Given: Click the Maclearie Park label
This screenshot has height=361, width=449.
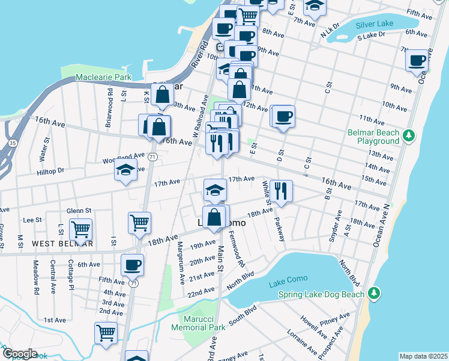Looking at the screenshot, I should (x=103, y=78).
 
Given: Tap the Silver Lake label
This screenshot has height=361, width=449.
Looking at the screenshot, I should (x=374, y=25).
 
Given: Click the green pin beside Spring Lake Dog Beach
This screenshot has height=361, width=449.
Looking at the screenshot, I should (x=374, y=293).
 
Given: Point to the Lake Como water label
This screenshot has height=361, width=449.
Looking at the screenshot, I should (x=288, y=279).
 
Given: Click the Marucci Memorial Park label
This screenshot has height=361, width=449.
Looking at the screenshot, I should (x=197, y=323).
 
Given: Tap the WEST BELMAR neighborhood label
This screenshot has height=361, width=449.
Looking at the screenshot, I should (x=62, y=244).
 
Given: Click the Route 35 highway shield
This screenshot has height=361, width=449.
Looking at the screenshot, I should (x=13, y=143).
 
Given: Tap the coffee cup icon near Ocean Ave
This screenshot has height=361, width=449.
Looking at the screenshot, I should (x=417, y=60).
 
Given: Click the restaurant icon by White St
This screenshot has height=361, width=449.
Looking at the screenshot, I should (x=281, y=191).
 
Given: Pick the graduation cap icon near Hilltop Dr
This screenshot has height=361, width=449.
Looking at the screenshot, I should (x=126, y=171).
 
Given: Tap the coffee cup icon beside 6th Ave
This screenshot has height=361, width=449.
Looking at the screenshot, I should (x=132, y=264).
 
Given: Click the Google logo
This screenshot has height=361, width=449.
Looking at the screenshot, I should (x=20, y=353).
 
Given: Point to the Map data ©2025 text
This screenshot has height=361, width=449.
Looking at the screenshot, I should (x=423, y=356).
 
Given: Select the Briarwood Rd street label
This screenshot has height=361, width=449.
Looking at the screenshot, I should (x=109, y=100).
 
